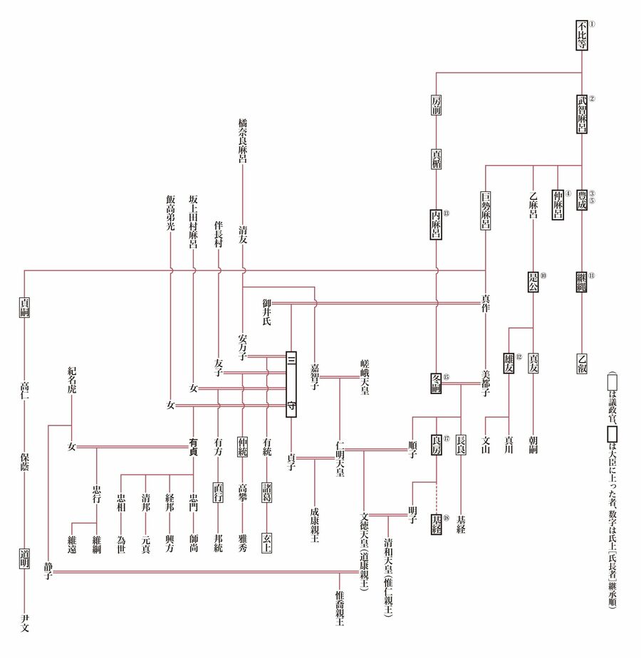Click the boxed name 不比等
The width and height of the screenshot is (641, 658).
[x=583, y=37]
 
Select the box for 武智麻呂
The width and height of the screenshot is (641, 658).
[x=583, y=114]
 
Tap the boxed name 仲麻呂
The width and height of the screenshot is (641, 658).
[x=558, y=204]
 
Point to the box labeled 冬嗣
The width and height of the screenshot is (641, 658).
[x=437, y=383]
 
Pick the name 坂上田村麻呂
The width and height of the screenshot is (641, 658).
[x=193, y=221]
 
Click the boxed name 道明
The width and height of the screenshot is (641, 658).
[x=24, y=559]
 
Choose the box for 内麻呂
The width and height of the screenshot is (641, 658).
[x=437, y=225]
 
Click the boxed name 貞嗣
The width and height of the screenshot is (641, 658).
[x=24, y=307]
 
